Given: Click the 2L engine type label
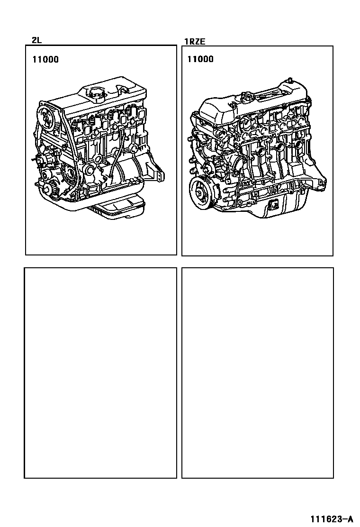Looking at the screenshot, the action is (36, 40).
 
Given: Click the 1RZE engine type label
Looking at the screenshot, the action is (195, 42).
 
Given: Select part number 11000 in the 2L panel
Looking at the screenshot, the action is (45, 60).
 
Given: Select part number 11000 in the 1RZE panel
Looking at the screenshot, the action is (200, 59).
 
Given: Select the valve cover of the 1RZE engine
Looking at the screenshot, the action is (255, 101).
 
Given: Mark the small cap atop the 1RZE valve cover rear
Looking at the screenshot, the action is (289, 80).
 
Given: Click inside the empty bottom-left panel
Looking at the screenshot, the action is (100, 373).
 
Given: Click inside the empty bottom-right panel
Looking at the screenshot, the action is (258, 373).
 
